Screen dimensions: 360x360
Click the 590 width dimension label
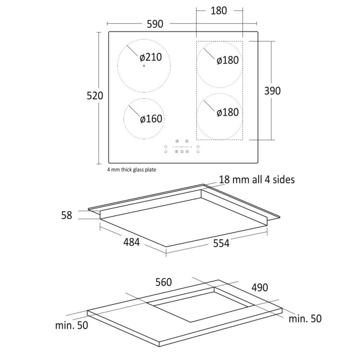[153, 23]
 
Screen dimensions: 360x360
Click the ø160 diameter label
[151, 119]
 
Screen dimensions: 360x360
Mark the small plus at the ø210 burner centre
[144, 66]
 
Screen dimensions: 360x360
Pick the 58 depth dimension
[67, 215]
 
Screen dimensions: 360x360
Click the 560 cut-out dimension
[163, 282]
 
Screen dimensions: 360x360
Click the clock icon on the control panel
[186, 141]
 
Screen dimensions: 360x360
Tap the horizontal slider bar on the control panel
[182, 147]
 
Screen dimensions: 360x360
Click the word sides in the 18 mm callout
[283, 180]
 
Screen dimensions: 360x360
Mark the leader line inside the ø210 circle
[133, 50]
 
